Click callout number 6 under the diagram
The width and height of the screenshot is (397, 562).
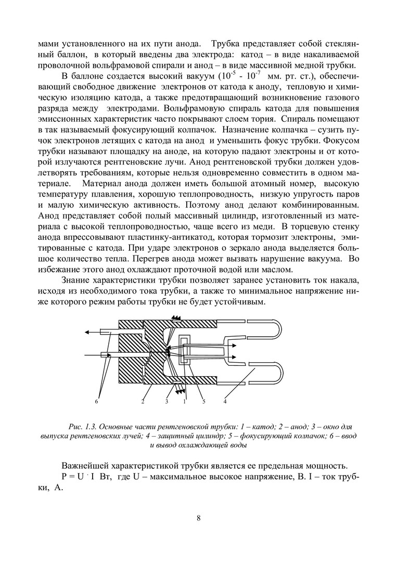[x=97, y=401]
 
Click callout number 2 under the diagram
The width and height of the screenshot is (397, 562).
[x=142, y=401]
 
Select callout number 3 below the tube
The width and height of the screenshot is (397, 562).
[x=167, y=401]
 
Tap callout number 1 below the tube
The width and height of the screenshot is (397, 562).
[x=184, y=401]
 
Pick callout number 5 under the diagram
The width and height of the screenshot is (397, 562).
[x=203, y=401]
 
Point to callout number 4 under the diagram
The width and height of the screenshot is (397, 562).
[x=225, y=401]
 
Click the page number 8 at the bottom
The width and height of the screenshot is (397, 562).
[x=198, y=518]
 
